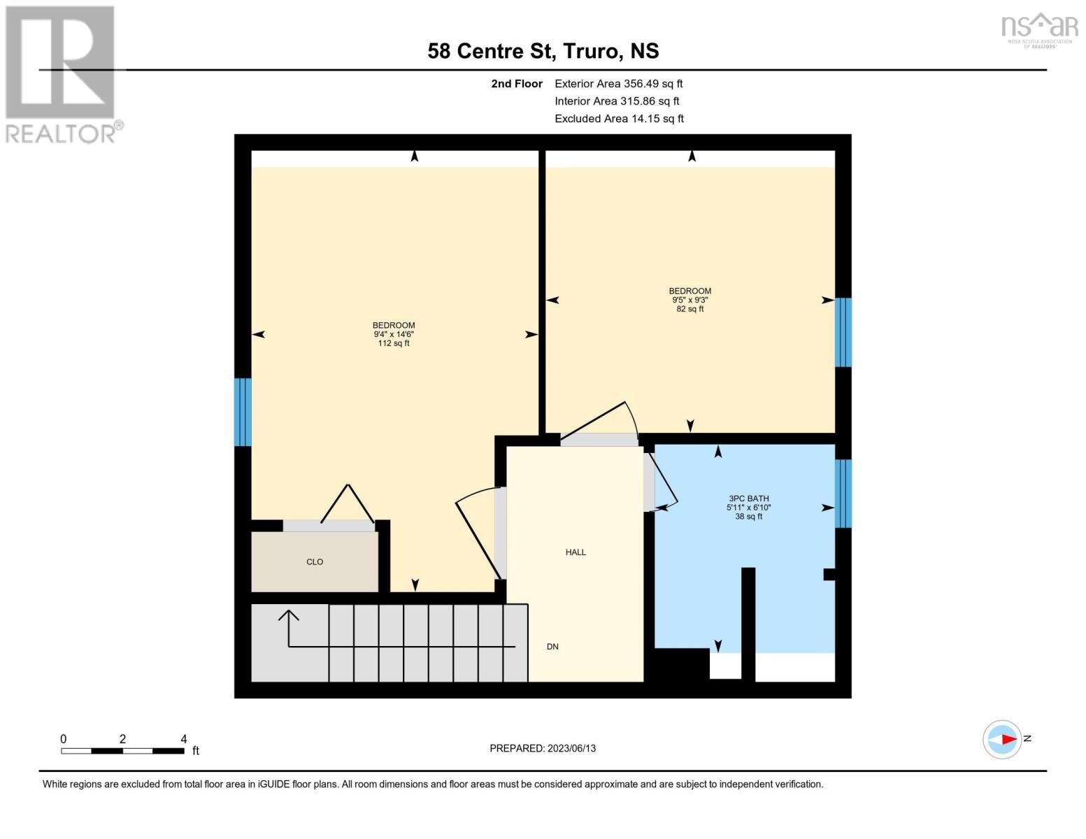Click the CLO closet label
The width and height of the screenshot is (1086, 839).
[x=315, y=561]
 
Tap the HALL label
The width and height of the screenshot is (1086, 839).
[x=576, y=552]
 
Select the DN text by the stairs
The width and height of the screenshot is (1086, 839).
[x=552, y=647]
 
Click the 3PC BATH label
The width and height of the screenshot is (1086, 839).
[x=748, y=499]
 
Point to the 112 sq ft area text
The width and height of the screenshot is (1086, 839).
[x=393, y=343]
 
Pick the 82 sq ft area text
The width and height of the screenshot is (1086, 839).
[x=690, y=309]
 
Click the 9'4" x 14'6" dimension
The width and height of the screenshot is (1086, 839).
[x=393, y=334]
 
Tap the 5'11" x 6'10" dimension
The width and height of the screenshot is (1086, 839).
[x=748, y=507]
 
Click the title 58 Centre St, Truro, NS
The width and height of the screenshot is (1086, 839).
[x=543, y=51]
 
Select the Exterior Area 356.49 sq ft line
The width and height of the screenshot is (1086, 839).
[x=618, y=84]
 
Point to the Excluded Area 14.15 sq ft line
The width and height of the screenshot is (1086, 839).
[x=619, y=118]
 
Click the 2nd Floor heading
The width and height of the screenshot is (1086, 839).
[x=516, y=84]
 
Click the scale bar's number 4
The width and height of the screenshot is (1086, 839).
[x=183, y=739]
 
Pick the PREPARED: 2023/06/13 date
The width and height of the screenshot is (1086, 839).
[x=542, y=749]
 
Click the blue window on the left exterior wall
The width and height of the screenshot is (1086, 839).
[x=243, y=413]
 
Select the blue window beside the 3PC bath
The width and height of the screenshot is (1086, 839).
[x=843, y=494]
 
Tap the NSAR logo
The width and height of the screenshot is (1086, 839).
[x=1040, y=30]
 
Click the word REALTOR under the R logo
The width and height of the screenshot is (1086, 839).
[x=60, y=134]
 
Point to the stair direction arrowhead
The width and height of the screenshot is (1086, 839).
[x=288, y=615]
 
